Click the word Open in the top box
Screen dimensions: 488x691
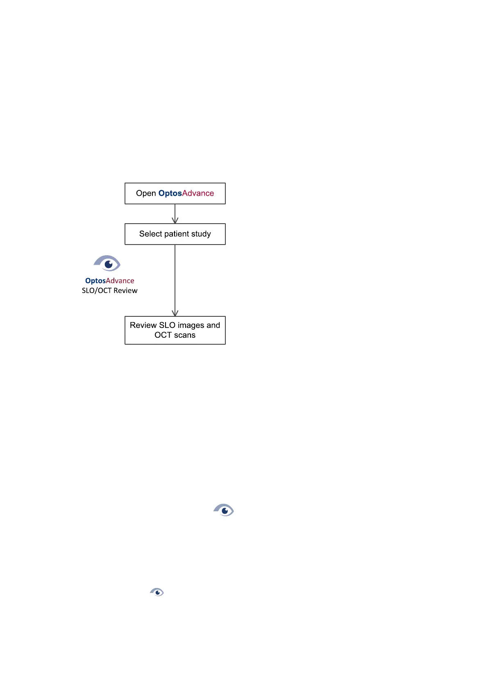(x=146, y=193)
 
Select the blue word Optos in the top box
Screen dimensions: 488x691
(x=170, y=193)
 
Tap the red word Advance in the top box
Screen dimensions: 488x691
(x=198, y=193)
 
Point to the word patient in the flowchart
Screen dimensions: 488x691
(x=176, y=234)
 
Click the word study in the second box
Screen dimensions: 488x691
(x=201, y=234)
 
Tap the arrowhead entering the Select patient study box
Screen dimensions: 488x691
(x=175, y=221)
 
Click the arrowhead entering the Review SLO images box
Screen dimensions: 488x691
(x=175, y=313)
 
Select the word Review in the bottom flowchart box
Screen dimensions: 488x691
(x=143, y=325)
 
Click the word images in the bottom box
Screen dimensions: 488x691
(x=191, y=325)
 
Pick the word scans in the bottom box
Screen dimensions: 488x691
(x=185, y=335)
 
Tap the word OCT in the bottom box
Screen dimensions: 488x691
(x=163, y=335)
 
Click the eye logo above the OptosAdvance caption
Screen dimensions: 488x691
(x=107, y=263)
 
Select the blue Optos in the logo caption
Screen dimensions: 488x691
(x=95, y=281)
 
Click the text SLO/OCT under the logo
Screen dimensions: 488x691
(x=97, y=291)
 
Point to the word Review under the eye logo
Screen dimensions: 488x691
(x=125, y=291)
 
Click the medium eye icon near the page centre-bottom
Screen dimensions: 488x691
(x=224, y=510)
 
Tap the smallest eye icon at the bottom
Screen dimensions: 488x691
(x=157, y=592)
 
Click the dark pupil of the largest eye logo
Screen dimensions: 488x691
(x=109, y=264)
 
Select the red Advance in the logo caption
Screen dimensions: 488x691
(x=120, y=281)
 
